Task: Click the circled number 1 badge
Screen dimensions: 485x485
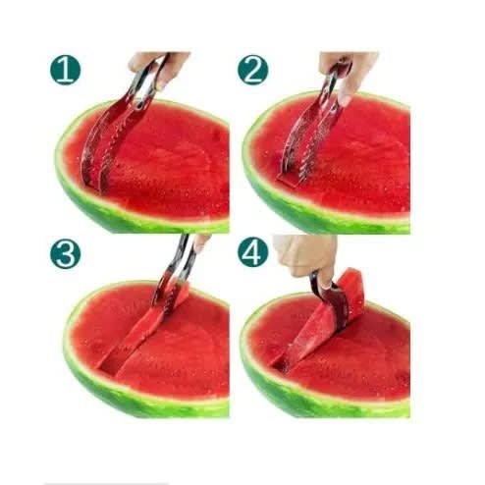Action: [65, 70]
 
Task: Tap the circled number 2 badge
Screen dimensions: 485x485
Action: [252, 70]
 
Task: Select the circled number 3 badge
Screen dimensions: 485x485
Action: [65, 254]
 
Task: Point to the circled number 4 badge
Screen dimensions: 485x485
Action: [252, 252]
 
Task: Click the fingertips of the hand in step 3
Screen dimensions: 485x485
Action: [199, 242]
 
